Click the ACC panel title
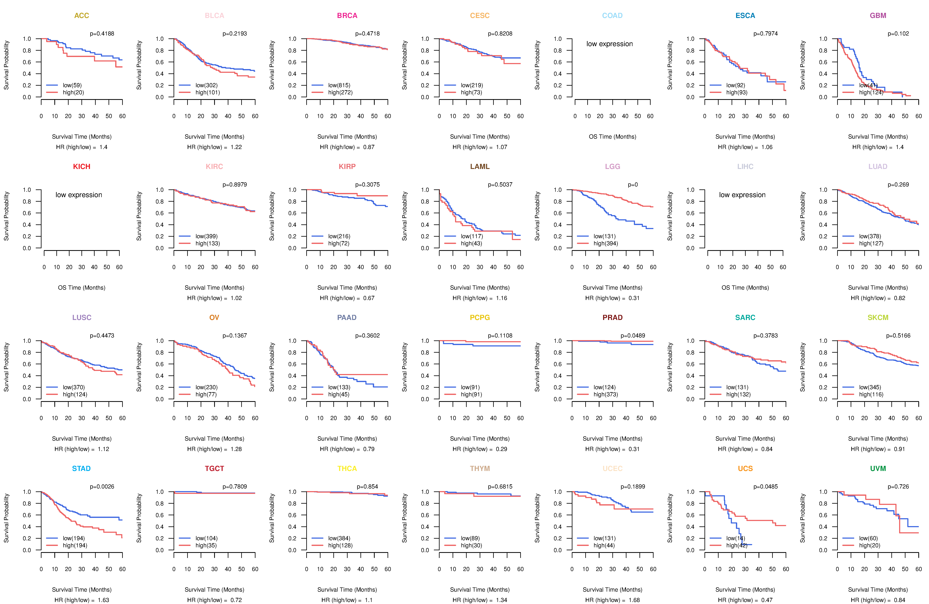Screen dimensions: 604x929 [x=82, y=16]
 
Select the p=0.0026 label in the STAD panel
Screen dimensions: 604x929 [x=102, y=486]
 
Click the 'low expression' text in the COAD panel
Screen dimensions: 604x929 [x=609, y=44]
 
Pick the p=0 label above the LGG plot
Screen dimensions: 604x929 [x=633, y=185]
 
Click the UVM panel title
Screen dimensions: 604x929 [x=878, y=468]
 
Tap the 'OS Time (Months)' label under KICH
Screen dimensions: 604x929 [x=82, y=288]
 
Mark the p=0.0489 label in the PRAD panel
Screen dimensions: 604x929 [x=633, y=336]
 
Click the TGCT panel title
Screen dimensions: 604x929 [x=214, y=468]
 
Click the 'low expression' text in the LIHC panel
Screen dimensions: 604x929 [x=742, y=195]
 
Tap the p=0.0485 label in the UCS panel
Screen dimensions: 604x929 [x=765, y=486]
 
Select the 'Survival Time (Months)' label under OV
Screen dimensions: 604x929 [x=214, y=439]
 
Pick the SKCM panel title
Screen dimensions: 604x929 [x=878, y=317]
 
